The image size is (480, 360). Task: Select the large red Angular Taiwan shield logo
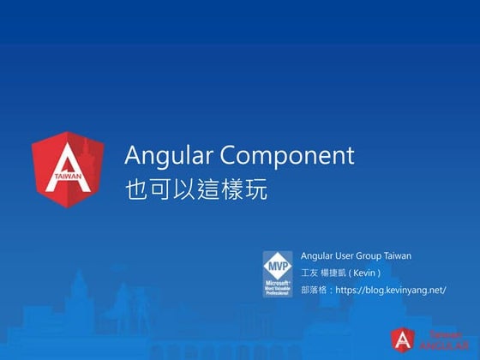(x=69, y=169)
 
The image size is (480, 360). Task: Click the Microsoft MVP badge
(x=277, y=273)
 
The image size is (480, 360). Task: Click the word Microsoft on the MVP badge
(x=277, y=281)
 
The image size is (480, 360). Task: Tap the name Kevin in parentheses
(x=363, y=273)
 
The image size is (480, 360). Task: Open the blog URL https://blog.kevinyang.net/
(x=391, y=291)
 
